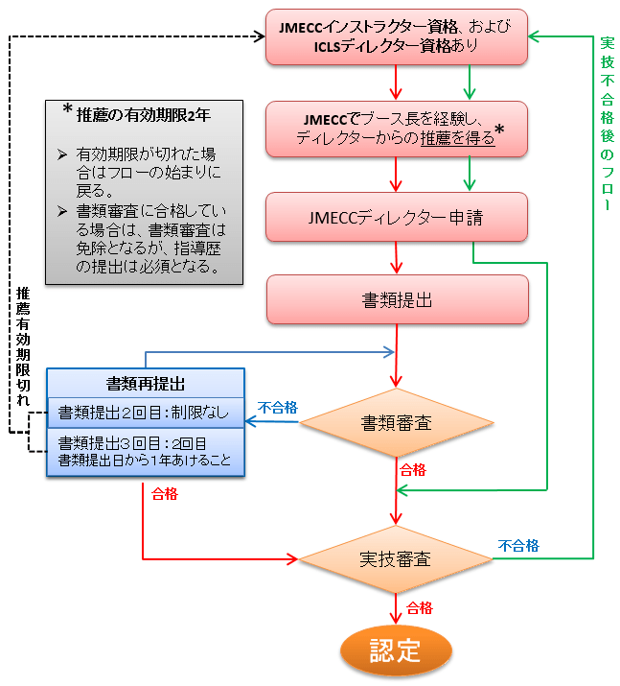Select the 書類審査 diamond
[x=396, y=422]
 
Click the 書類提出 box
[x=397, y=299]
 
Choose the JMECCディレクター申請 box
[x=397, y=217]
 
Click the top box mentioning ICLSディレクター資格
[x=397, y=37]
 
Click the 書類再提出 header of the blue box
[x=146, y=382]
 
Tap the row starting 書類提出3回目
[x=146, y=450]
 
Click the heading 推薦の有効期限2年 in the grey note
[x=143, y=114]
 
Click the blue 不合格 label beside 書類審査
[x=277, y=408]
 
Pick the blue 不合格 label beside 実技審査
[x=518, y=545]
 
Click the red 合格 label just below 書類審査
[x=413, y=470]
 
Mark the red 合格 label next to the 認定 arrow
[x=420, y=608]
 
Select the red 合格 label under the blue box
[x=165, y=495]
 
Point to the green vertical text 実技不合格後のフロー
[x=607, y=125]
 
